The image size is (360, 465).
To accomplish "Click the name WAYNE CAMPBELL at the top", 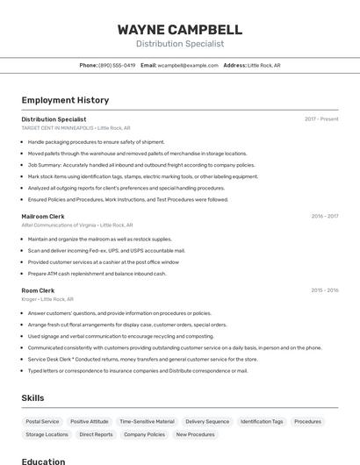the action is point(180,29).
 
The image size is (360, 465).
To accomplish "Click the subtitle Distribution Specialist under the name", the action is point(180,44).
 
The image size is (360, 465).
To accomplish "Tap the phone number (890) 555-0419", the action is point(117,66).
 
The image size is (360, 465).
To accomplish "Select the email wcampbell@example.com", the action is point(188,66).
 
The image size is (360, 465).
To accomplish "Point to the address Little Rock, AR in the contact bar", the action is point(263,66).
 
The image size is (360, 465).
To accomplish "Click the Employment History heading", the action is point(65,100).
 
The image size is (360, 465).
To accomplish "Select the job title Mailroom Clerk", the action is point(43,216).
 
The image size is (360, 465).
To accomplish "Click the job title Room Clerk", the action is point(38,290).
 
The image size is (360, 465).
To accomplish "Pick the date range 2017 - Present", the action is point(321,119).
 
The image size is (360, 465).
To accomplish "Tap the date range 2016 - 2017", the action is point(324,216).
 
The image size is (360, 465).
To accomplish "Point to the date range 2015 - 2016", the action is point(324,290).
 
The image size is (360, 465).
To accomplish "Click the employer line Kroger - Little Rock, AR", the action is point(47,299).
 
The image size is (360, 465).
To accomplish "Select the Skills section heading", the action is point(32,398).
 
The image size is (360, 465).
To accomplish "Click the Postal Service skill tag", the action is point(42,422).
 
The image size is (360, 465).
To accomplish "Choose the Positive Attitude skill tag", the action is point(90,422).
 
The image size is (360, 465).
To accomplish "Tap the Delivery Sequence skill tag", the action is point(207,422).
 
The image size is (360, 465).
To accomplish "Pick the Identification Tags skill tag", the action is point(262,422).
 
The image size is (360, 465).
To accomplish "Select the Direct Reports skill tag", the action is point(96,434).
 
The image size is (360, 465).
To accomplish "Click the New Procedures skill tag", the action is point(195,434).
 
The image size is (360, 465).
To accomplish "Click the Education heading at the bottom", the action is point(43,461).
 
